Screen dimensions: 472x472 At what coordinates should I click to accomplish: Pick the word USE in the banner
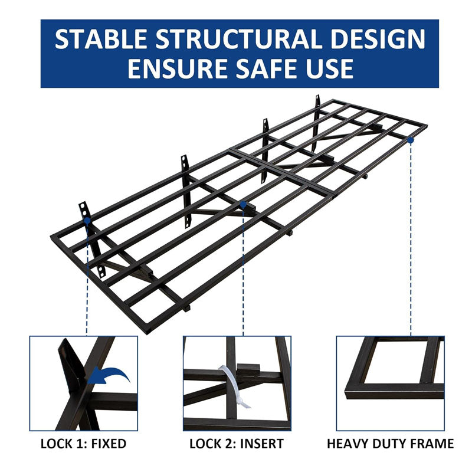[332, 68]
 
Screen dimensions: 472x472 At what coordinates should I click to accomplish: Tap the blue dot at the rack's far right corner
[410, 140]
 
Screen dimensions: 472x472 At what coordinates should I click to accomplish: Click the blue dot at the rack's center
[242, 204]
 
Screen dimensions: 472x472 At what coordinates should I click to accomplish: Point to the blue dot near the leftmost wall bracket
[87, 220]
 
